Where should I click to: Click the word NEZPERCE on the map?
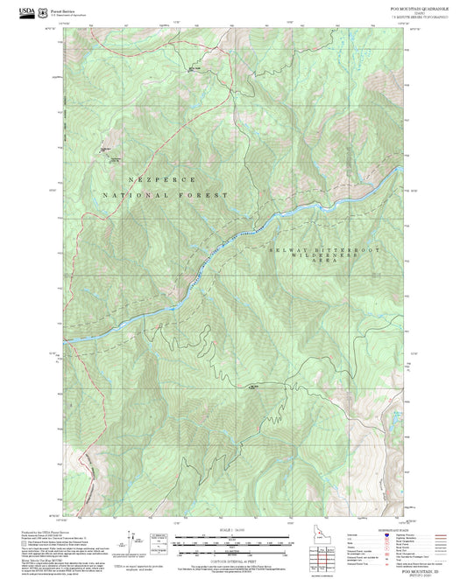[160, 178]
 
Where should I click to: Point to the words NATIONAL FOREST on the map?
[163, 196]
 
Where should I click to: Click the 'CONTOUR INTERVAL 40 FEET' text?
[233, 551]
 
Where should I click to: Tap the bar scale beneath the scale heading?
[233, 538]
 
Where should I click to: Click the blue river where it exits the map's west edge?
[64, 339]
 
